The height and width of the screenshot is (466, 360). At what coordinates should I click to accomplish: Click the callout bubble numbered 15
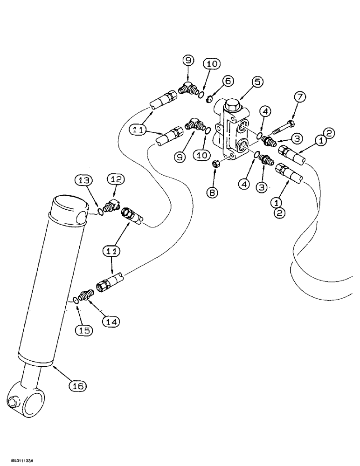pyautogui.click(x=85, y=330)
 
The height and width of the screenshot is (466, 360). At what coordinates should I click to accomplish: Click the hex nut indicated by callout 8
pyautogui.click(x=216, y=164)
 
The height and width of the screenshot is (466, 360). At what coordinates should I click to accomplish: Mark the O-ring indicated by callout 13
pyautogui.click(x=100, y=213)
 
